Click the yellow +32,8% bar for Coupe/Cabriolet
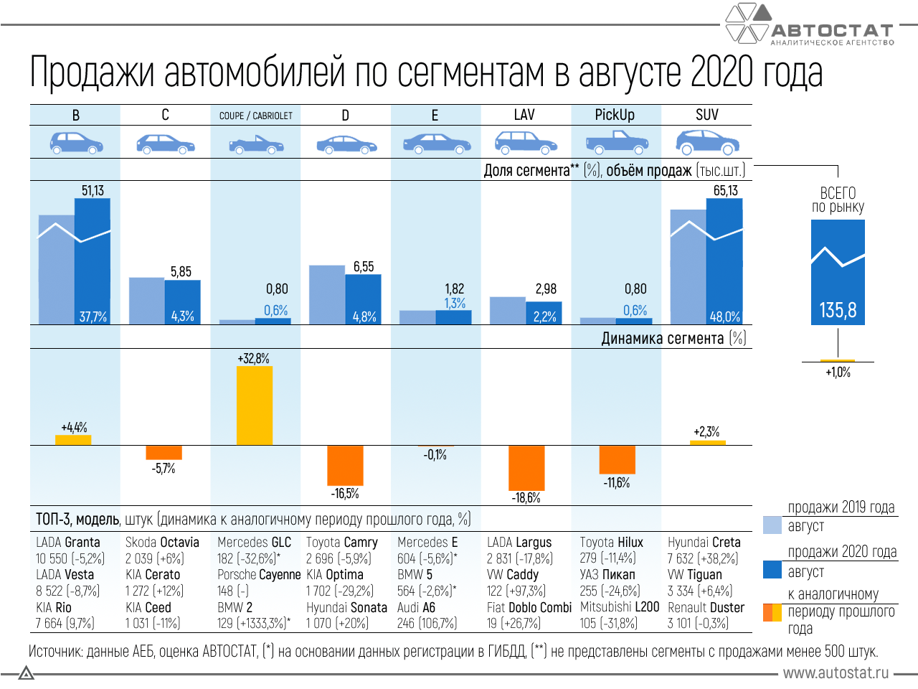coord(255,406)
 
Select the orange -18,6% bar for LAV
coord(526,468)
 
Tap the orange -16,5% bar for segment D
coord(345,465)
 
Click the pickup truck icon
coord(617,143)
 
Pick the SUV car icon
coord(707,142)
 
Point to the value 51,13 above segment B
coord(93,191)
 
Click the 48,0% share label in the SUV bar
coord(724,317)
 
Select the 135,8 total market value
coord(838,310)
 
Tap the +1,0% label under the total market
coord(838,372)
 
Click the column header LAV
coord(524,115)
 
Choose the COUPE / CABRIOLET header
coord(256,116)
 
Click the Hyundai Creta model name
coord(704,543)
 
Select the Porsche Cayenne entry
coord(259,575)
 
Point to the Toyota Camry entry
coord(341,543)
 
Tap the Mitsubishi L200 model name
coord(619,607)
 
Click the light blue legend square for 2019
coord(772,525)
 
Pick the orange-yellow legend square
coord(772,612)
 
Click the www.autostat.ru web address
coord(836,673)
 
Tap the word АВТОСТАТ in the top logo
coord(832,31)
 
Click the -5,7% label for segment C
coord(164,469)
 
